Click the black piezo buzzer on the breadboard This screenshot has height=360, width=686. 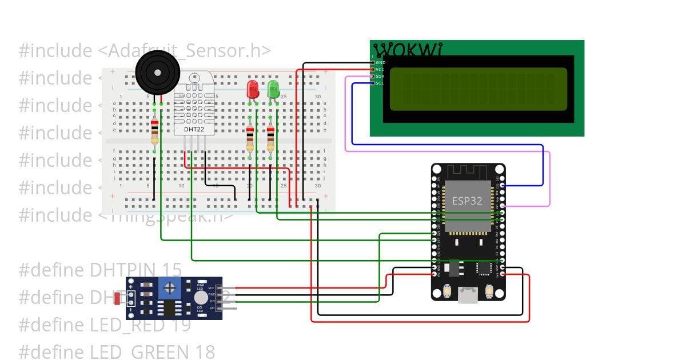coord(157,71)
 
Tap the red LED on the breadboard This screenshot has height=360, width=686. coord(252,90)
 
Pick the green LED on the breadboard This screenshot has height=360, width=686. coord(273,90)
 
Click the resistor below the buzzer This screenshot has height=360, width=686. coord(154,131)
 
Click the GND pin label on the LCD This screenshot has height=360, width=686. coord(380,62)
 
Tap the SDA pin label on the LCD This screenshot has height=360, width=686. coord(380,76)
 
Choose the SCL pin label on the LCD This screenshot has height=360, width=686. coord(380,83)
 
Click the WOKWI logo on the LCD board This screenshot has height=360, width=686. coord(408,50)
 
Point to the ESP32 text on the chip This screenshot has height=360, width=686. coord(467,201)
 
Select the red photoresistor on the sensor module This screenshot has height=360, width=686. coord(117,298)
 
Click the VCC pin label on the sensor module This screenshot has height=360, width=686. coord(211,288)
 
